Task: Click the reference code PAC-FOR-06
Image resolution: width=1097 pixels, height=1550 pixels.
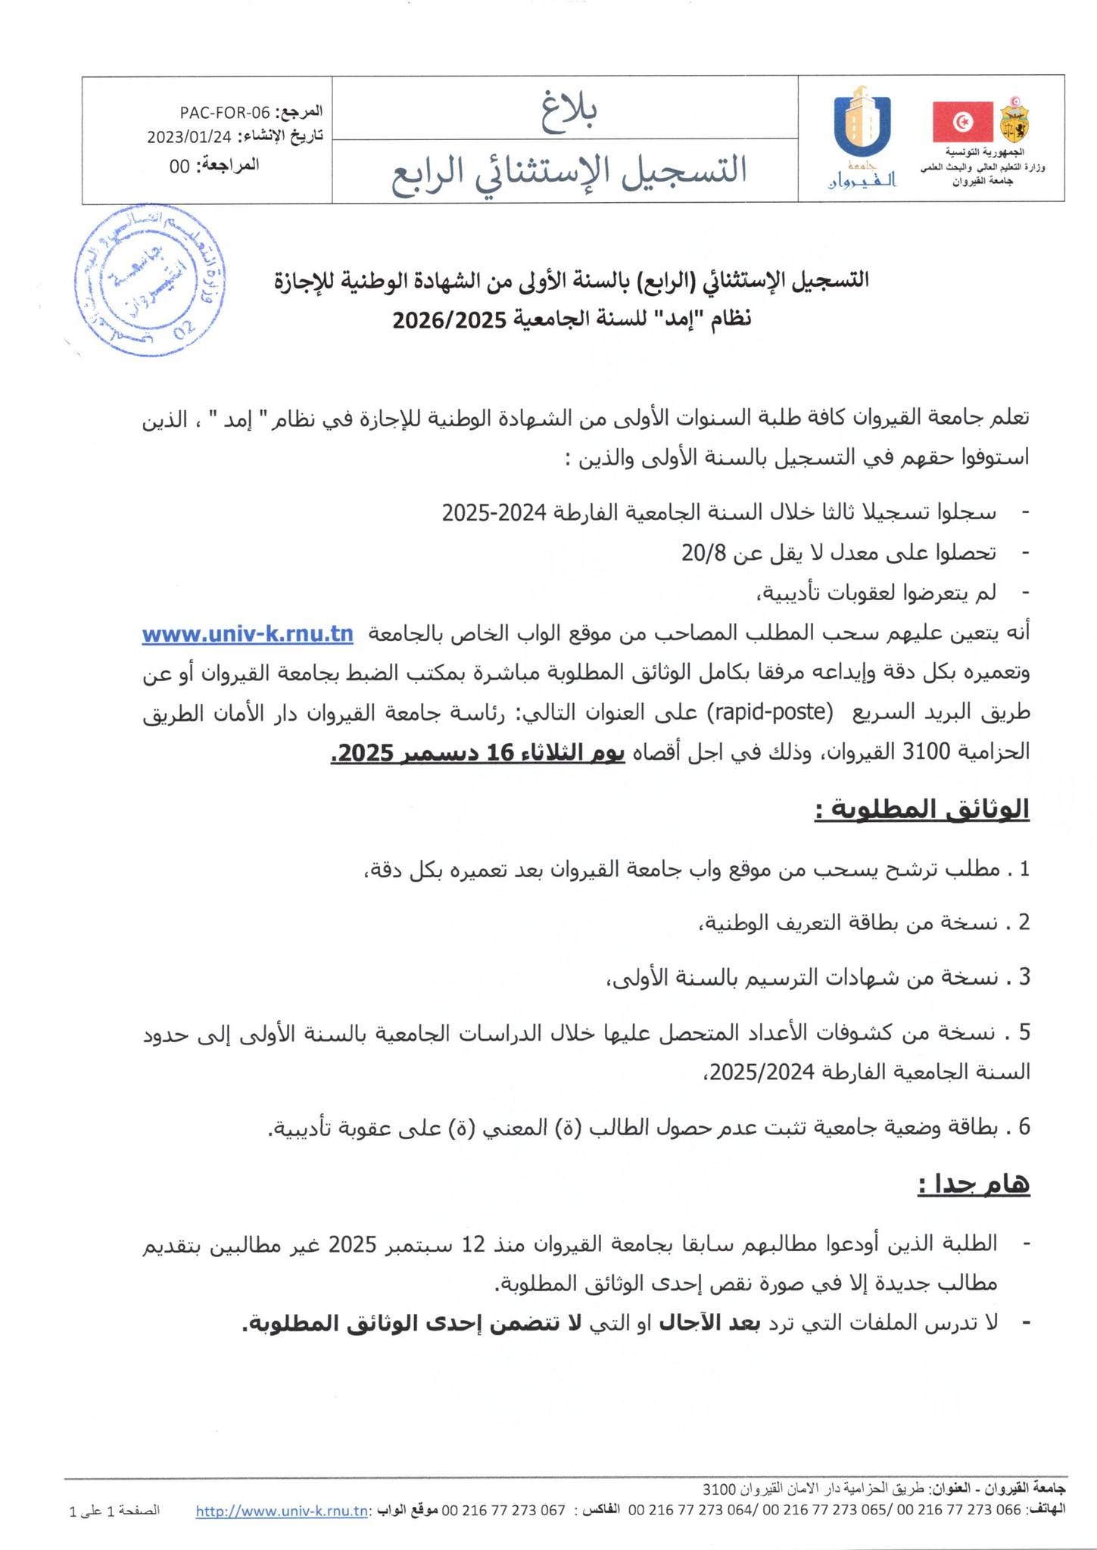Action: (225, 114)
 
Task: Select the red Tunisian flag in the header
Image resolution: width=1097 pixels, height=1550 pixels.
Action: (962, 121)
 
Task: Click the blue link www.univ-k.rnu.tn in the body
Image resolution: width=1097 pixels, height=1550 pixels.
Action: (248, 634)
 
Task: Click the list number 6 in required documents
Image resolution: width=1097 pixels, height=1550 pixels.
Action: (1024, 1127)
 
